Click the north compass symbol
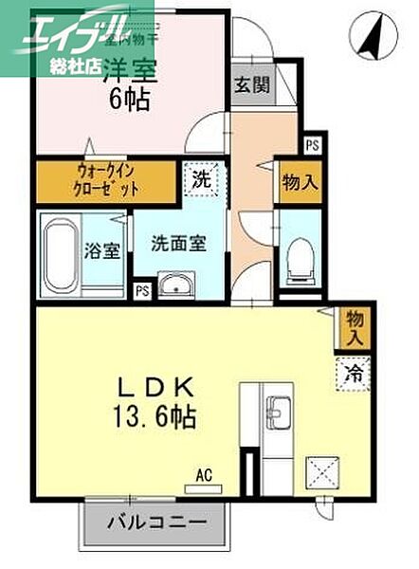point(370,36)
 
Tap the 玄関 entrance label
point(252,83)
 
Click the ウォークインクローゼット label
point(107,181)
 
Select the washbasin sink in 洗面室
point(176,284)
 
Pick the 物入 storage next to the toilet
point(299,182)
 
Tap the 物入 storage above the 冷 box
point(354,327)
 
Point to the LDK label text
point(156,388)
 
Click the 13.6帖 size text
point(156,417)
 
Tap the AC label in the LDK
point(202,470)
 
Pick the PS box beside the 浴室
point(142,291)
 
